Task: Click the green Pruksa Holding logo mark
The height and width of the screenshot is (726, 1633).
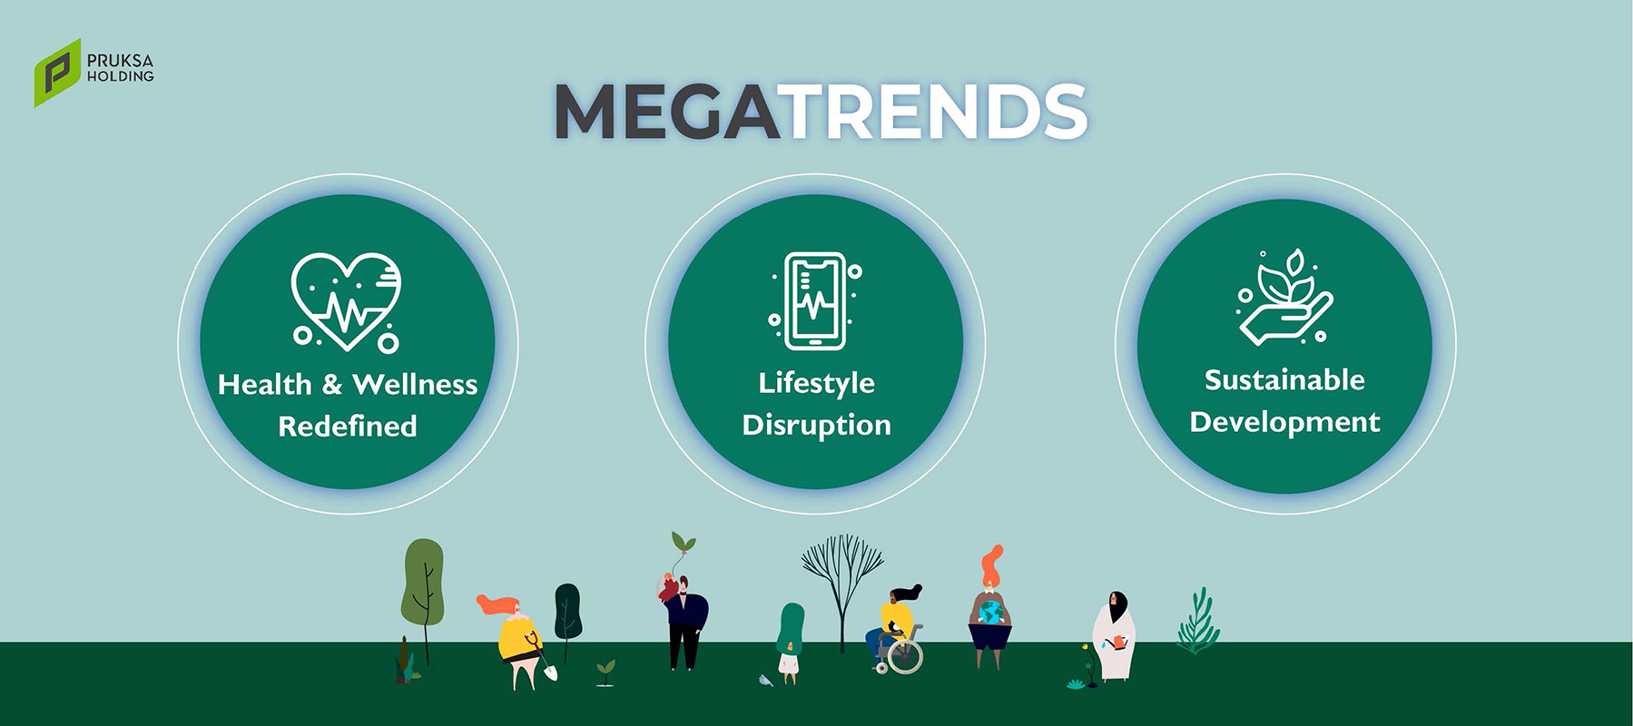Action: pyautogui.click(x=57, y=73)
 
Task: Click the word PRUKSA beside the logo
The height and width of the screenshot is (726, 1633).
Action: pyautogui.click(x=120, y=61)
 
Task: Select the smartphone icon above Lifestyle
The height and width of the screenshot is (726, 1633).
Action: pyautogui.click(x=815, y=301)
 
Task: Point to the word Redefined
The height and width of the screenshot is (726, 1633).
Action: pyautogui.click(x=348, y=427)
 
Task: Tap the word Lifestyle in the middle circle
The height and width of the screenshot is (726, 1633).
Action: pyautogui.click(x=816, y=383)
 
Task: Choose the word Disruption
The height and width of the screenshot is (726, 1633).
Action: pyautogui.click(x=816, y=425)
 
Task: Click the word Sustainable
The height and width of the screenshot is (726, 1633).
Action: pyautogui.click(x=1284, y=379)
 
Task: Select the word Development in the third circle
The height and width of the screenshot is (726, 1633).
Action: pyautogui.click(x=1284, y=422)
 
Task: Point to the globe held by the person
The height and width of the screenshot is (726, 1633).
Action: pyautogui.click(x=990, y=613)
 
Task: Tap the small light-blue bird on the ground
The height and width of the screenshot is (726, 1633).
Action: pyautogui.click(x=765, y=681)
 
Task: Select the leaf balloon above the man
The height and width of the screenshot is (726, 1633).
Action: pyautogui.click(x=683, y=543)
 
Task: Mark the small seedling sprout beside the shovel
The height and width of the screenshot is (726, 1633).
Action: pyautogui.click(x=605, y=672)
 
